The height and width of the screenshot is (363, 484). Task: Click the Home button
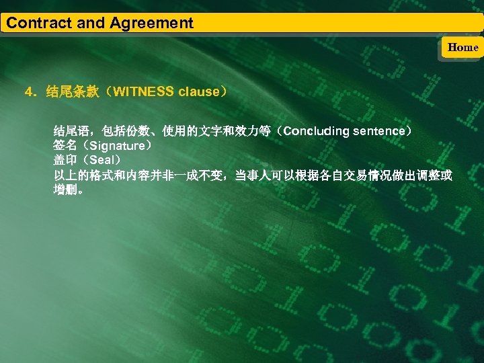pyautogui.click(x=462, y=47)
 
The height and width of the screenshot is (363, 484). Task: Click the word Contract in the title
pyautogui.click(x=38, y=23)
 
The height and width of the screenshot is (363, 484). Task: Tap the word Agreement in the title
pyautogui.click(x=152, y=23)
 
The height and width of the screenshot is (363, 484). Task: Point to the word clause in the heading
pyautogui.click(x=199, y=91)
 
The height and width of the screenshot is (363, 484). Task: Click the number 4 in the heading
pyautogui.click(x=28, y=91)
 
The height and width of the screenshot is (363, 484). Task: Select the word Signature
pyautogui.click(x=118, y=145)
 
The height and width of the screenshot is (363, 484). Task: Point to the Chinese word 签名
pyautogui.click(x=65, y=145)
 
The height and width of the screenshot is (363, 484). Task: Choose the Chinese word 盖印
pyautogui.click(x=65, y=161)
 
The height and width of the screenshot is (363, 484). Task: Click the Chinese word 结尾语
pyautogui.click(x=71, y=130)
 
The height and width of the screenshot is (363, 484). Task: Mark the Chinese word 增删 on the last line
pyautogui.click(x=65, y=190)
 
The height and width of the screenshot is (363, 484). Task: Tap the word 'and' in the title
pyautogui.click(x=90, y=23)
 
